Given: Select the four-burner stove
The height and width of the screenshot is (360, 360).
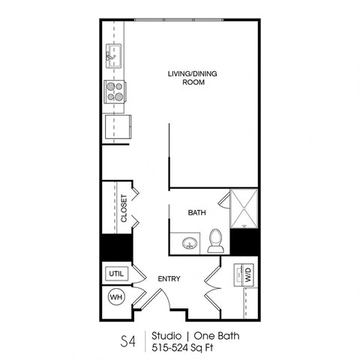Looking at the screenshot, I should click(x=115, y=91).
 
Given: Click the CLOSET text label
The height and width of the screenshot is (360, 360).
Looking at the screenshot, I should click(x=124, y=209).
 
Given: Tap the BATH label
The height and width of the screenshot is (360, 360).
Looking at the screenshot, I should click(x=196, y=213).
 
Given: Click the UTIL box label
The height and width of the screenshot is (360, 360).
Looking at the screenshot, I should click(x=116, y=274).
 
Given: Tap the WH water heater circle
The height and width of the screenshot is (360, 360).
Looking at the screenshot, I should click(x=115, y=298).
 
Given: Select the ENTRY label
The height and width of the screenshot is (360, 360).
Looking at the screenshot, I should click(x=168, y=279).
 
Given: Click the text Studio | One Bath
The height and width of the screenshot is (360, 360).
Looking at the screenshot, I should click(x=190, y=334).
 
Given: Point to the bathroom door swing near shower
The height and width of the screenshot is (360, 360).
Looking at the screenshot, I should click(x=223, y=200).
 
